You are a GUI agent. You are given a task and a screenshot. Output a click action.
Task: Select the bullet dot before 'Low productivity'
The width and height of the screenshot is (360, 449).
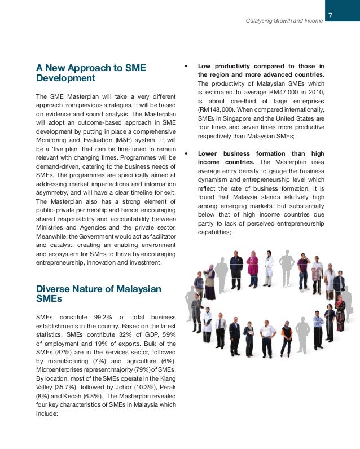coord(186,67)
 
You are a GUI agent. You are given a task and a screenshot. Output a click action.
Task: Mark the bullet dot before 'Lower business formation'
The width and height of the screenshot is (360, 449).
coord(186,153)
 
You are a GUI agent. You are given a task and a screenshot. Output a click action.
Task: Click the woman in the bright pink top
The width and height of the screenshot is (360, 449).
coord(253,270)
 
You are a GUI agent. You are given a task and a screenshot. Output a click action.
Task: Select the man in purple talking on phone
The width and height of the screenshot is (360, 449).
coord(304,272)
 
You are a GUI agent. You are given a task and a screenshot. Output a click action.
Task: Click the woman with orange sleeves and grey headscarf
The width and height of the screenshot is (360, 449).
coord(287,337)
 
